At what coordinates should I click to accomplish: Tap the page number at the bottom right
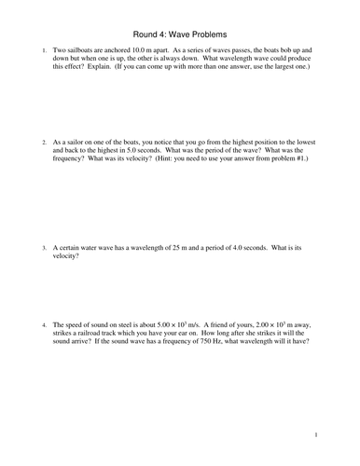(x=316, y=433)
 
